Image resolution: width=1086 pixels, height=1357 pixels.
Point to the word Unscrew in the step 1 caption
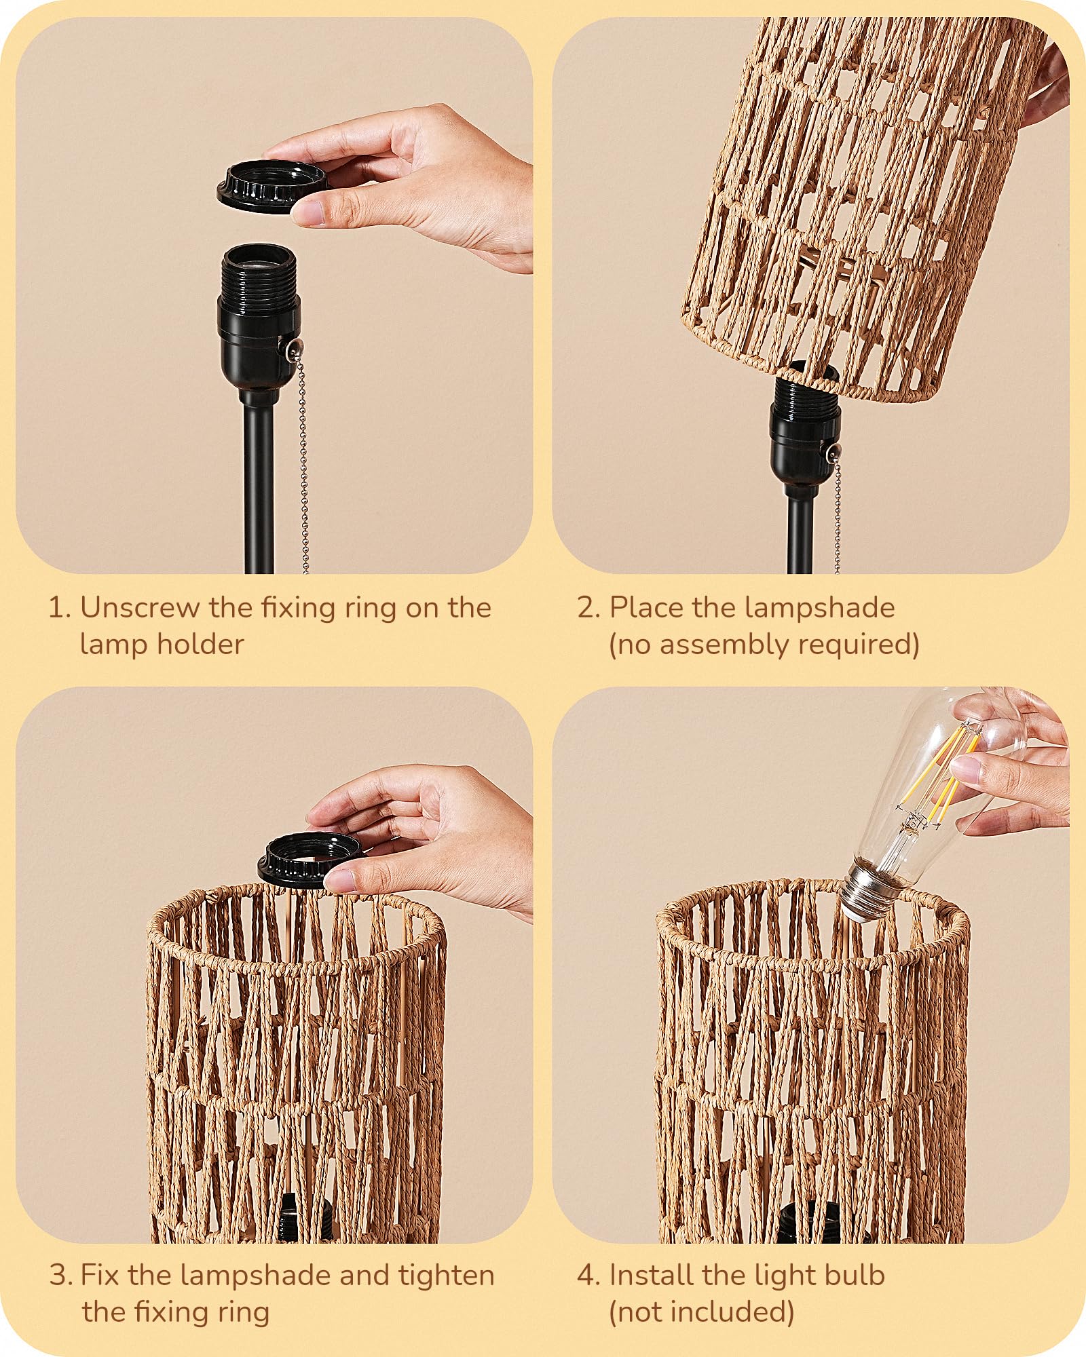[x=141, y=607]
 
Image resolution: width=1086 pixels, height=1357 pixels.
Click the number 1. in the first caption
[x=59, y=607]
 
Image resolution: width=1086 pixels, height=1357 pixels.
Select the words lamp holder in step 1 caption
[x=162, y=644]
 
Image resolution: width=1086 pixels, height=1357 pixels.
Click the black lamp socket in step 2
[x=804, y=434]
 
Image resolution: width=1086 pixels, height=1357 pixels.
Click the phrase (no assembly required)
[x=764, y=644]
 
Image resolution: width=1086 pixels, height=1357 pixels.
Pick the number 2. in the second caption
[x=588, y=607]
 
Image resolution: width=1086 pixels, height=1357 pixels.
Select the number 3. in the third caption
[x=60, y=1276]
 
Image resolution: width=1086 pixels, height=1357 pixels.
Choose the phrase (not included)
[x=701, y=1312]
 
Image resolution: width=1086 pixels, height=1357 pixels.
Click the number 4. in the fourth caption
[x=588, y=1276]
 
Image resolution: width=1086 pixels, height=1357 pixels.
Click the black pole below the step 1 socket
[x=259, y=489]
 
